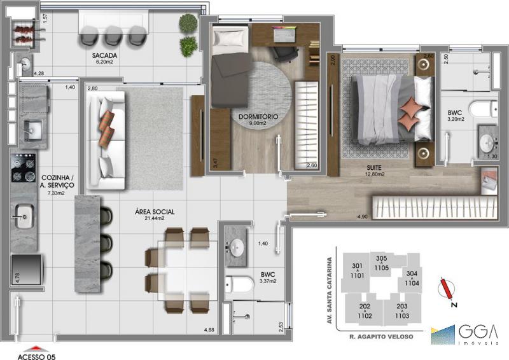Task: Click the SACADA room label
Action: click(x=104, y=55)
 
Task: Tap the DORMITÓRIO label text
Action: click(x=258, y=116)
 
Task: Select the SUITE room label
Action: click(x=374, y=168)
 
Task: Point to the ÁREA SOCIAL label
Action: click(x=155, y=212)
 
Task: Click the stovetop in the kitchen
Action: click(x=24, y=168)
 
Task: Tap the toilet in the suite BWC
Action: click(x=483, y=108)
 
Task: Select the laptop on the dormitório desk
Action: click(x=284, y=34)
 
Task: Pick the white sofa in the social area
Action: click(x=106, y=140)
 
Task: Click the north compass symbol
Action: click(x=447, y=289)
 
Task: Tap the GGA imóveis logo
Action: click(x=464, y=335)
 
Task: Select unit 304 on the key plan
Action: click(x=412, y=278)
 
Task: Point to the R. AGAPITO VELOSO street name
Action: click(x=381, y=336)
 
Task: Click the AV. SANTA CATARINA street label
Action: click(x=330, y=291)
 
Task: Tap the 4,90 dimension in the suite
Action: click(x=362, y=216)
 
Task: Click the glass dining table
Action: click(x=188, y=270)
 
